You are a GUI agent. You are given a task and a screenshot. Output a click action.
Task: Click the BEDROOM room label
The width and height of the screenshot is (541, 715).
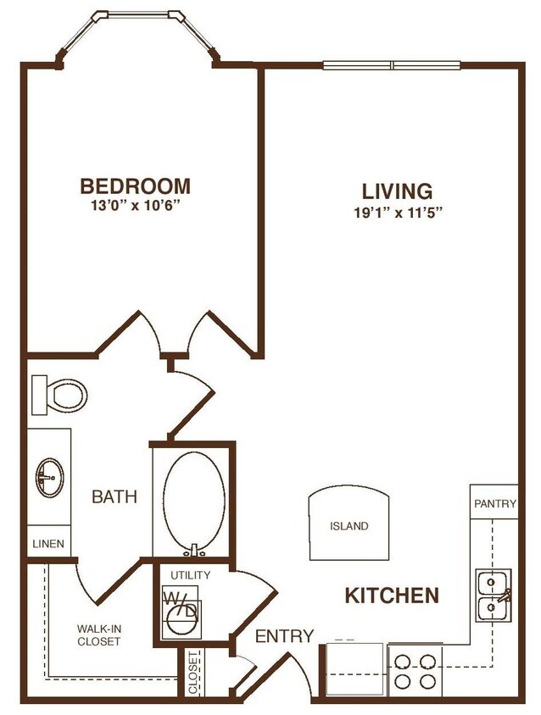point(135,186)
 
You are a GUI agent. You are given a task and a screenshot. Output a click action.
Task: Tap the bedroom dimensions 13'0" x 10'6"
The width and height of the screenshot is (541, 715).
point(135,205)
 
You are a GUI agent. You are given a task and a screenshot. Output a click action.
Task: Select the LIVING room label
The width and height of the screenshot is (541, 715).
point(397,191)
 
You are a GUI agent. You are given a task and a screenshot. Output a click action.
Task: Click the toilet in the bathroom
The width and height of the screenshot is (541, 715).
point(61,393)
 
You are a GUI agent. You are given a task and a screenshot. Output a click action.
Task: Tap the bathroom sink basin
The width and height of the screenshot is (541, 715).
point(49,479)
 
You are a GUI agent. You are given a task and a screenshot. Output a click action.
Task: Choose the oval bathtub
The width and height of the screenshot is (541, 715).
point(193,499)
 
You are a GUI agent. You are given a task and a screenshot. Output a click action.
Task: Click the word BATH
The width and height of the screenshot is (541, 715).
point(114,497)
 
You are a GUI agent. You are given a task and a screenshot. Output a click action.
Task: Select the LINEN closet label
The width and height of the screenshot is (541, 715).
point(48,543)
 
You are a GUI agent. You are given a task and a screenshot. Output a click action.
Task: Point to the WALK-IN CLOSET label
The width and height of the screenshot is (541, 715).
point(98,635)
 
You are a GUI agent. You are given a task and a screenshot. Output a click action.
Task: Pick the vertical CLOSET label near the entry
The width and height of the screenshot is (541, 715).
point(193,673)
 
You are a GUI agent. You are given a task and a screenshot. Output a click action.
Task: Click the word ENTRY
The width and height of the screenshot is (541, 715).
point(284,636)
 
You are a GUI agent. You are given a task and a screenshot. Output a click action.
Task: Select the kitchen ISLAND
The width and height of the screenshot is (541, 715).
point(349,525)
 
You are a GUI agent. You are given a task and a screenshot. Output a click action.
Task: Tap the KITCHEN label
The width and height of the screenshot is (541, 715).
point(392,596)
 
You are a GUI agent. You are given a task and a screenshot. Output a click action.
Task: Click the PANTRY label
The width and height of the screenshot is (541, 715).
point(494,503)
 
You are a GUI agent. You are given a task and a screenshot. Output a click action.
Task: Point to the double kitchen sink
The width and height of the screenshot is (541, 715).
point(492,596)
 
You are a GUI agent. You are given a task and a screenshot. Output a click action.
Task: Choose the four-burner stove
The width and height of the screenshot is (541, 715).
point(416,670)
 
